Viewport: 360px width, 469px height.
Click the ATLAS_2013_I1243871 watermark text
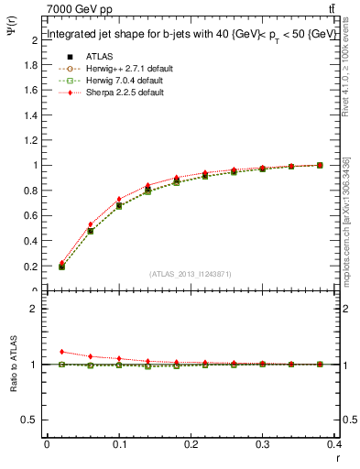[190, 274]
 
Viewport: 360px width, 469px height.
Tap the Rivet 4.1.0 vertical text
[345, 73]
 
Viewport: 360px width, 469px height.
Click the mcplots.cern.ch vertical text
[345, 220]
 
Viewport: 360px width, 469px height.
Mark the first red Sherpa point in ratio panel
[61, 352]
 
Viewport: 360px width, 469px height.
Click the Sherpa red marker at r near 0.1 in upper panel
[119, 199]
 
